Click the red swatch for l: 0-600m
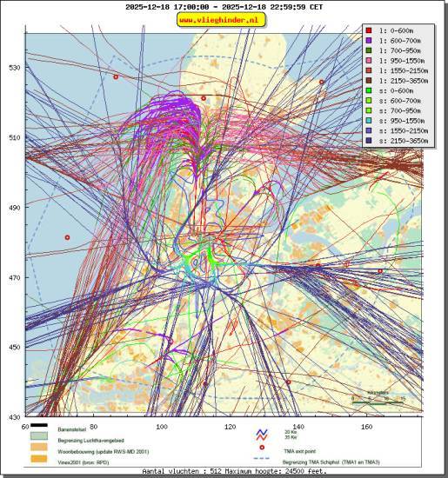(x=370, y=30)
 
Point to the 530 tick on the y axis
(x=14, y=68)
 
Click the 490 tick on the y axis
(x=14, y=208)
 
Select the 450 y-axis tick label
(x=14, y=348)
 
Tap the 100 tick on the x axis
(x=161, y=427)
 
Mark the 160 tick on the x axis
(x=366, y=427)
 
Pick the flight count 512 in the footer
(x=193, y=472)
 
